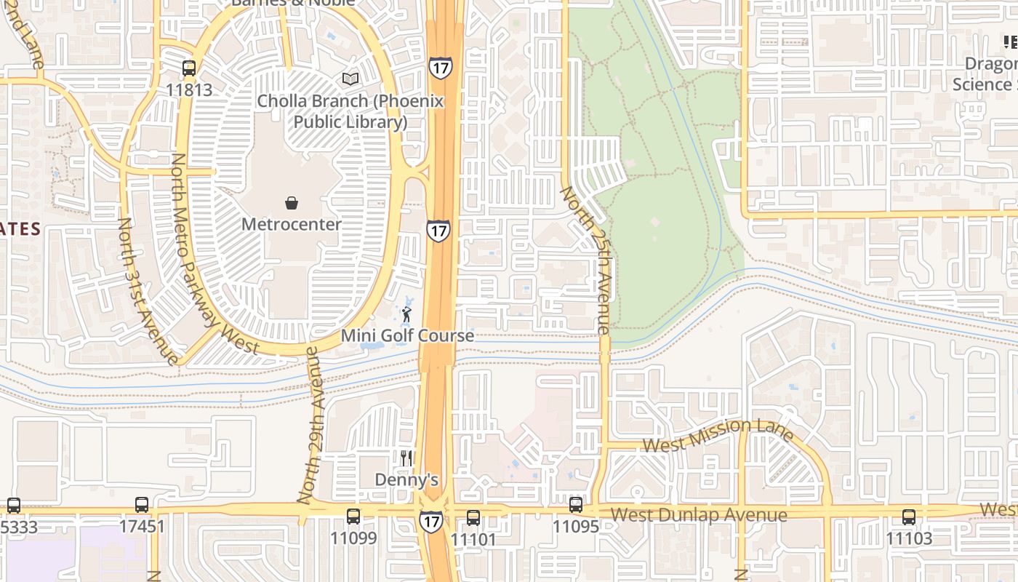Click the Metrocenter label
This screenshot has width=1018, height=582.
[x=291, y=224]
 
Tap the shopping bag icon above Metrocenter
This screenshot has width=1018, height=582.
[x=292, y=203]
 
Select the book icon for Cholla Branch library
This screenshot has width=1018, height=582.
[x=350, y=79]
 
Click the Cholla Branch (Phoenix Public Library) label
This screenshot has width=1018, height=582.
[x=350, y=111]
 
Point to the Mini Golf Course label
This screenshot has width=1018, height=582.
[x=407, y=336]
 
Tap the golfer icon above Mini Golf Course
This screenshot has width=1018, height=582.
[x=406, y=314]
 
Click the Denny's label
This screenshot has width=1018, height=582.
[x=406, y=480]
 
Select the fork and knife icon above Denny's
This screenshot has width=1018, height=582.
[x=406, y=458]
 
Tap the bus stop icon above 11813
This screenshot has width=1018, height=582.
[x=189, y=69]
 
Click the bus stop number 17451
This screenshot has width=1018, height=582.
[x=142, y=526]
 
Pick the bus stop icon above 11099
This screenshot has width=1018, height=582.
[x=353, y=517]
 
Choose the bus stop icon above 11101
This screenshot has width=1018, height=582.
[x=473, y=518]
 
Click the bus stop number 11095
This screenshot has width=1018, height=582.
[x=576, y=526]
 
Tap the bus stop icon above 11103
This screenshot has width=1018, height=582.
[x=909, y=517]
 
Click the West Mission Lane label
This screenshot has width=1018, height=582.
[x=718, y=434]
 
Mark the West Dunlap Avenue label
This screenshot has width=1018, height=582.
[x=698, y=516]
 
